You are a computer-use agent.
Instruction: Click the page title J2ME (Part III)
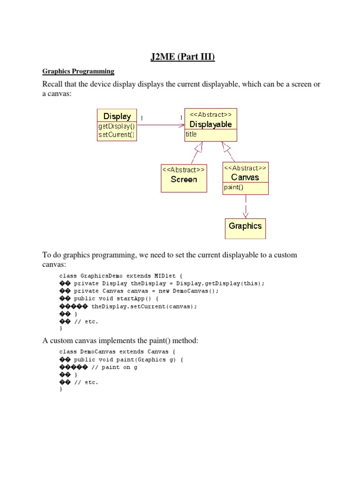click(180, 58)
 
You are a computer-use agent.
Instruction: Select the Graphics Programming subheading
click(78, 72)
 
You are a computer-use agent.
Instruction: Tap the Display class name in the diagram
click(117, 116)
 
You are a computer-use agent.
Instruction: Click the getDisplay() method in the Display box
click(116, 127)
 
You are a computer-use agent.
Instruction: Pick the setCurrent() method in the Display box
click(116, 135)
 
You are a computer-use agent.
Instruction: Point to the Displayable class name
click(210, 124)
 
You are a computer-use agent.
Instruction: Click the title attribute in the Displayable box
click(191, 134)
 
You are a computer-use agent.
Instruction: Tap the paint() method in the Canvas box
click(233, 187)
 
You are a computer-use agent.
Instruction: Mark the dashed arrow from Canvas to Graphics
click(246, 206)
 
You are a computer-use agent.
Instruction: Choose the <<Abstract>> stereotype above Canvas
click(245, 168)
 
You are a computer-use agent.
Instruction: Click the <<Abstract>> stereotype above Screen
click(183, 169)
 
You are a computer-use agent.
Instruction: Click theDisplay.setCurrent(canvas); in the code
click(144, 307)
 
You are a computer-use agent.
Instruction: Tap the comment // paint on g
click(114, 367)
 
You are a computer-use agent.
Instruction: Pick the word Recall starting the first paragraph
click(52, 84)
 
